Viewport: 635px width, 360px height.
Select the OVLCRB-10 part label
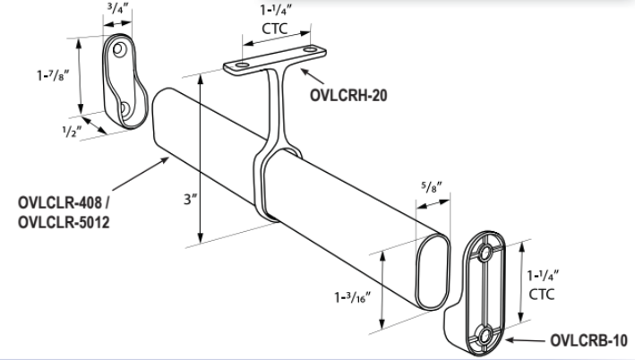point(587,341)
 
